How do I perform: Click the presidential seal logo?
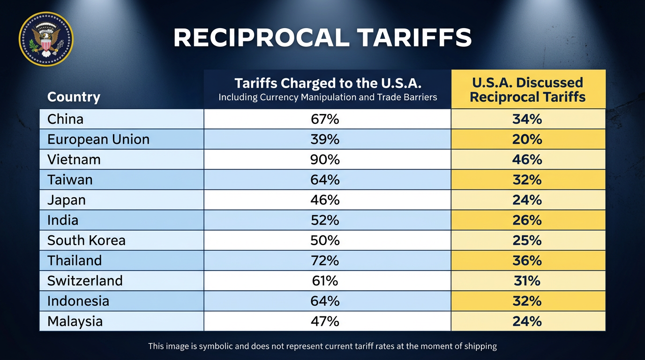(45, 39)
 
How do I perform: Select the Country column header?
(74, 97)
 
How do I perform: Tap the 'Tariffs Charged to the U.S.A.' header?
(328, 83)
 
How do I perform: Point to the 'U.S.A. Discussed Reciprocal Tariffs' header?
(528, 90)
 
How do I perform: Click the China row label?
(65, 119)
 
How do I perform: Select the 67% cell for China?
(325, 119)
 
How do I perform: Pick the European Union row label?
(98, 139)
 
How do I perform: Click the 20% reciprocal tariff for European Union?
(527, 139)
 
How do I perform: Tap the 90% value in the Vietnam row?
(325, 159)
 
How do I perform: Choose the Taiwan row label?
(70, 180)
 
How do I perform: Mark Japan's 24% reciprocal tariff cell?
(527, 200)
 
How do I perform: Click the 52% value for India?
(325, 220)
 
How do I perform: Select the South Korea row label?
(86, 240)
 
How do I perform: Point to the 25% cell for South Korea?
(527, 240)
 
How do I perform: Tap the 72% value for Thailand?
(325, 261)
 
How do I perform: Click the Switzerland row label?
(85, 281)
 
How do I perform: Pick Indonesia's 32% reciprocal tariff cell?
(527, 301)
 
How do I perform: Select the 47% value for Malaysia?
(325, 321)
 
